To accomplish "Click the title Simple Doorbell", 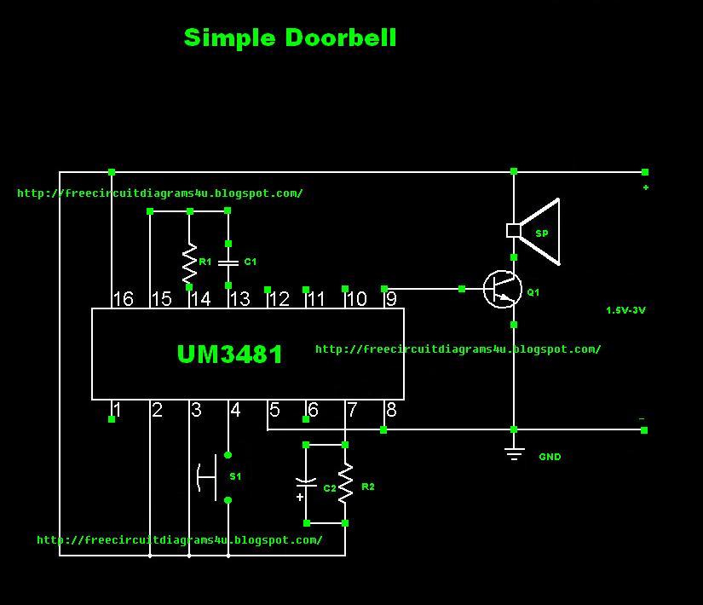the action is click(x=290, y=37).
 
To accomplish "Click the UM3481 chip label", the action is click(x=229, y=354).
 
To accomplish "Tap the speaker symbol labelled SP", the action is click(x=533, y=232).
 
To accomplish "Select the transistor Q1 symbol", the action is click(x=502, y=289).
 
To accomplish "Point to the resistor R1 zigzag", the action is click(x=190, y=263).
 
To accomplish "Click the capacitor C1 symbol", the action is click(x=228, y=262).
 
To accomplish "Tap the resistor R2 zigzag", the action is click(x=345, y=483).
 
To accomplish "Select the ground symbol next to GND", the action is click(x=514, y=454).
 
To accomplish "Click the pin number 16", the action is click(x=124, y=299).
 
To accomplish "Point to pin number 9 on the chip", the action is click(x=391, y=299).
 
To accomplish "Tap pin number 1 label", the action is click(x=117, y=410).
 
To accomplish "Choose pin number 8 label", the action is click(x=391, y=410).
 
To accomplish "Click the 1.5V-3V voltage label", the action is click(x=625, y=310).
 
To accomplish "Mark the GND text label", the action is click(x=550, y=457).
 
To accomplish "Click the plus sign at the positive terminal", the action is click(x=646, y=187).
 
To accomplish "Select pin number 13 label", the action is click(x=239, y=299).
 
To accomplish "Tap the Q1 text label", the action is click(x=533, y=292).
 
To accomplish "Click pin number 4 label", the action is click(x=235, y=410).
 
